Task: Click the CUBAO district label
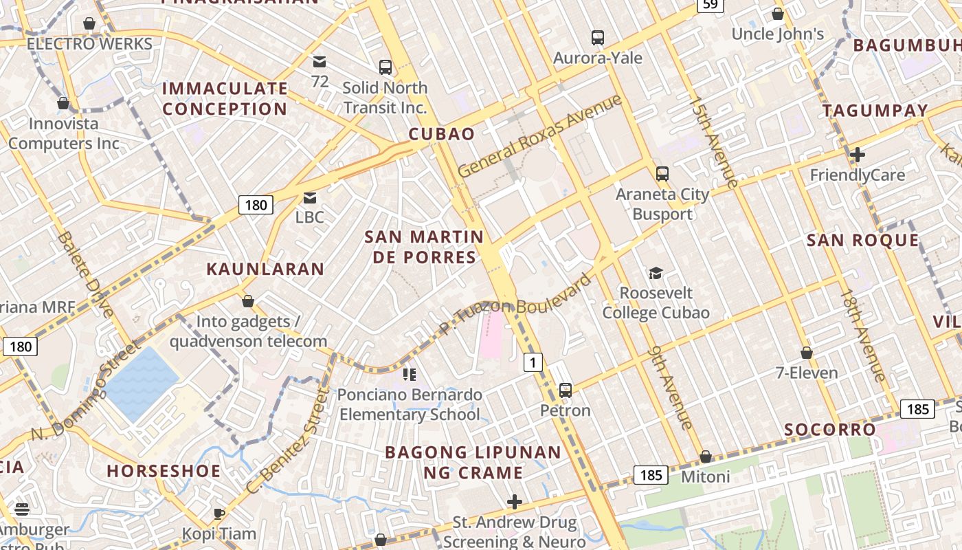click(442, 133)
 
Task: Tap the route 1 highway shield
click(533, 362)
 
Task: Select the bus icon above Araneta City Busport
click(662, 174)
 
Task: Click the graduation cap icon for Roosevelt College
click(656, 274)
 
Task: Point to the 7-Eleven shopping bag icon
click(807, 353)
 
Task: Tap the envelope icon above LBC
click(310, 198)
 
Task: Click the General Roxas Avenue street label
click(539, 135)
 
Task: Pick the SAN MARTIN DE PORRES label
click(424, 247)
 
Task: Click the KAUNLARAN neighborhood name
click(265, 269)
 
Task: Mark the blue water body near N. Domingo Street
click(141, 383)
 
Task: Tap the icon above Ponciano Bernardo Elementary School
click(410, 375)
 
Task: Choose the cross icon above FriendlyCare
click(857, 155)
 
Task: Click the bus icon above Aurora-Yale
click(598, 38)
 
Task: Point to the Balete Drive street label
click(86, 274)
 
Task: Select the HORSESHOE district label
click(164, 471)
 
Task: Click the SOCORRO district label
click(830, 430)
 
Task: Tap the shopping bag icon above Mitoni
click(706, 457)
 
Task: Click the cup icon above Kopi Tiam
click(219, 514)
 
